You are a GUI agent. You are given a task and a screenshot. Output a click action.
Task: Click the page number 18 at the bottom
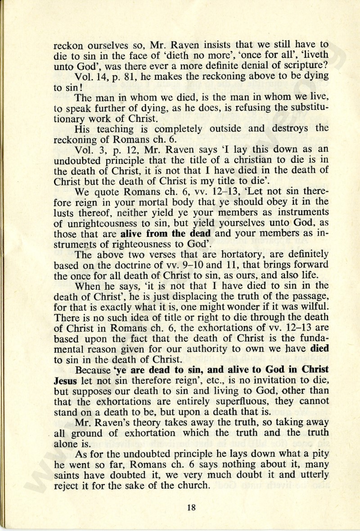(x=191, y=507)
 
